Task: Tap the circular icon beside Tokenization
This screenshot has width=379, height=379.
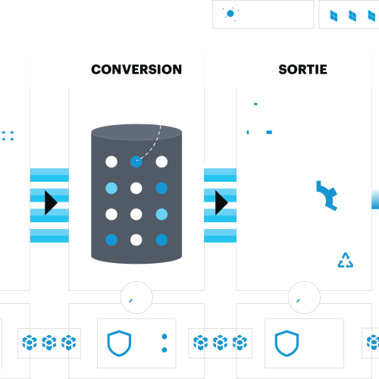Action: click(x=230, y=14)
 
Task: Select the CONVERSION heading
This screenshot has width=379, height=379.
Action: click(x=136, y=69)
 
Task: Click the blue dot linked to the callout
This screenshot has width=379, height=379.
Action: click(x=136, y=161)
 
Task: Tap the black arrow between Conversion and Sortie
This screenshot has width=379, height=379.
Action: click(x=221, y=202)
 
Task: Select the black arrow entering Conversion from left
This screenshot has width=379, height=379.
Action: click(x=51, y=202)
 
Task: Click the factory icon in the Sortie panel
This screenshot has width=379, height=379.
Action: click(x=264, y=128)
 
